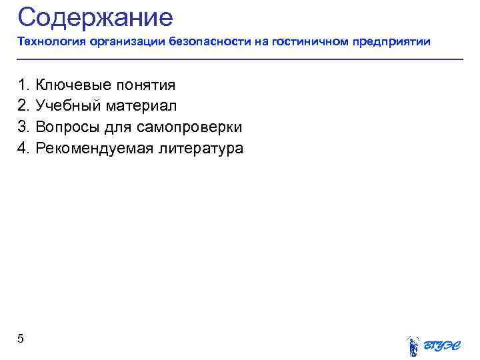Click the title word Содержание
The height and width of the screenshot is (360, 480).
coord(95,17)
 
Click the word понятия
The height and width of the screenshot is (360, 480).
coord(145,85)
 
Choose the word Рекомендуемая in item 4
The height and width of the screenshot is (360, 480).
coord(94,149)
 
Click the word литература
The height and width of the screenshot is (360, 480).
coord(201,149)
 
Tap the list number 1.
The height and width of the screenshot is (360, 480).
coord(23,85)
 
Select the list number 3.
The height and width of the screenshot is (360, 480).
coord(23,127)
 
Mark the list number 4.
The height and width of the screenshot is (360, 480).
coord(23,149)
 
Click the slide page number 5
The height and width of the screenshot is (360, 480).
coord(21,339)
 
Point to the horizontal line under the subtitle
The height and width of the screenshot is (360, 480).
coord(240,60)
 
